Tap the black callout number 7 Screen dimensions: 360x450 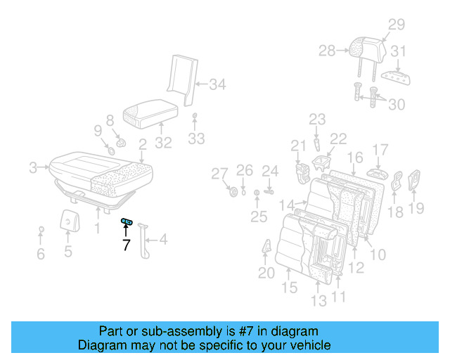pos(126,245)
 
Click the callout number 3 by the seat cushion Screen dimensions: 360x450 pos(33,167)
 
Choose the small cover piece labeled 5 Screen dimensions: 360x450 pos(68,221)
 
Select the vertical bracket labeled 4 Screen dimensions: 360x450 pos(145,239)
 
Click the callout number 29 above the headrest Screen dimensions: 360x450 pos(397,25)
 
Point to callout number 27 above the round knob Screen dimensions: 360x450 pos(220,173)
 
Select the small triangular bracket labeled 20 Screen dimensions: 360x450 pos(267,248)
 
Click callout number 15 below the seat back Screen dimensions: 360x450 pos(290,287)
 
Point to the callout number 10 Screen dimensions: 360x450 pos(377,253)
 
